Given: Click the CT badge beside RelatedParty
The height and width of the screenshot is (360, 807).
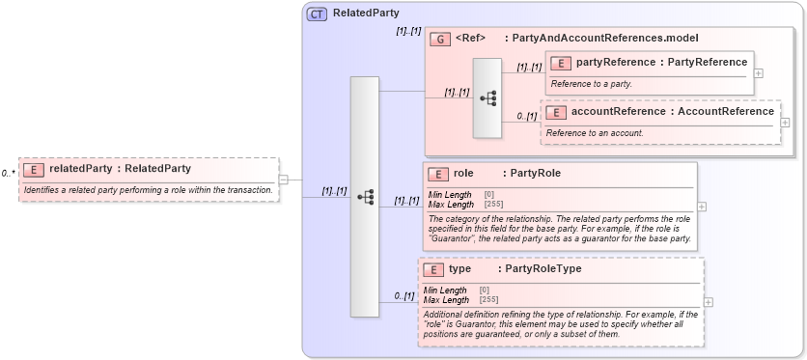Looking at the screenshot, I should pyautogui.click(x=317, y=14).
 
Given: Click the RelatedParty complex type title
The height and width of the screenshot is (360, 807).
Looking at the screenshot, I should pyautogui.click(x=366, y=14).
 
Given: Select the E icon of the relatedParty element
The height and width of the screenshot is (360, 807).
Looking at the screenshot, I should pyautogui.click(x=33, y=169).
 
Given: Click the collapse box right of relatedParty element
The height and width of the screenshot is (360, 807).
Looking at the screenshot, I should pyautogui.click(x=283, y=179).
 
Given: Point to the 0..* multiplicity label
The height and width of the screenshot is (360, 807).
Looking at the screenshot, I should pyautogui.click(x=9, y=174).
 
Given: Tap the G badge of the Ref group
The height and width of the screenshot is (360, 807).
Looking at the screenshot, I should pyautogui.click(x=440, y=39).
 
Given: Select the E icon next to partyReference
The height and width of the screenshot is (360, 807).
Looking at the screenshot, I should pyautogui.click(x=561, y=63).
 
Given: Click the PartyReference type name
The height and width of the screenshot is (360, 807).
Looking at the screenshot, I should pyautogui.click(x=708, y=63).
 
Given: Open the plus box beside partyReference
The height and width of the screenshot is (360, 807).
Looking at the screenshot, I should pyautogui.click(x=759, y=72).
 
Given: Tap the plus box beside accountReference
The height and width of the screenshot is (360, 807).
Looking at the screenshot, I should pyautogui.click(x=785, y=123).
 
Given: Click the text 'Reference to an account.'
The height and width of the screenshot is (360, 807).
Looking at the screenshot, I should pyautogui.click(x=595, y=132).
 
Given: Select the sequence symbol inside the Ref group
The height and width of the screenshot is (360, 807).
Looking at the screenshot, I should pyautogui.click(x=488, y=97).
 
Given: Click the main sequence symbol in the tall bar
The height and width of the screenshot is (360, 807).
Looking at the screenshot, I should pyautogui.click(x=365, y=196).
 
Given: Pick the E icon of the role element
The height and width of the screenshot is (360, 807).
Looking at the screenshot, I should pyautogui.click(x=438, y=175).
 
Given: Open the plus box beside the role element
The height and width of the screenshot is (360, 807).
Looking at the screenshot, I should pyautogui.click(x=701, y=206).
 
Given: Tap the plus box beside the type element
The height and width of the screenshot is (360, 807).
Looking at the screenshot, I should pyautogui.click(x=710, y=301).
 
